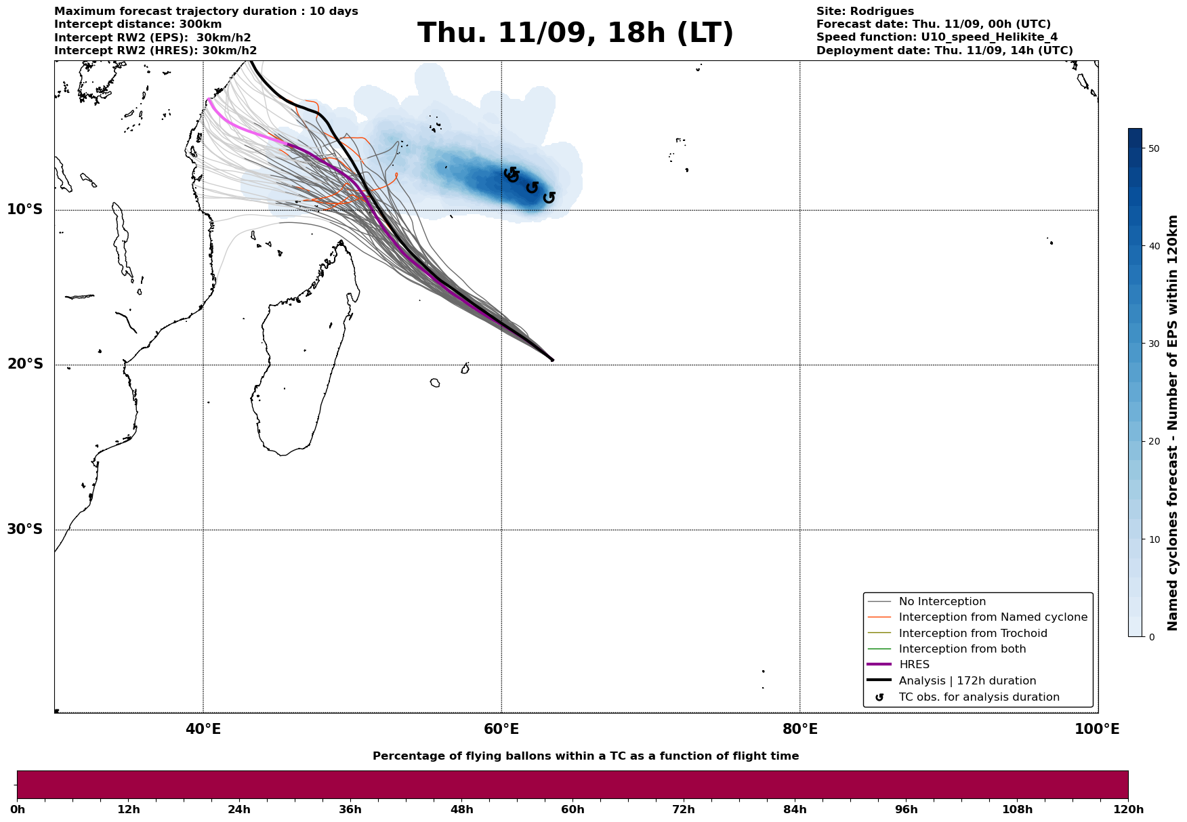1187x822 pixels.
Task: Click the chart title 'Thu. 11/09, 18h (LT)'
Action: tap(575, 33)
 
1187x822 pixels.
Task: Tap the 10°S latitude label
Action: tap(25, 209)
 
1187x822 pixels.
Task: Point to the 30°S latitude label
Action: tap(25, 529)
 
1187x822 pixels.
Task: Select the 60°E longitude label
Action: tap(501, 729)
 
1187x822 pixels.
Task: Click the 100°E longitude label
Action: tap(1097, 729)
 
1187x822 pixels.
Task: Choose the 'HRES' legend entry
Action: tap(914, 665)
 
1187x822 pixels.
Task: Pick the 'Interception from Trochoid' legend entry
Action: tap(972, 634)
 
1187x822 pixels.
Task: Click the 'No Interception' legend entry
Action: tap(942, 602)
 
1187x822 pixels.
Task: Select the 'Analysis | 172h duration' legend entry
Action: tap(967, 681)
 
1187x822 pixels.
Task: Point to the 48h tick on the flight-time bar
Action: tap(461, 809)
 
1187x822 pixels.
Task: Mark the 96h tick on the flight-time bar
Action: tap(906, 809)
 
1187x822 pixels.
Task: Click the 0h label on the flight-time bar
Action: tap(18, 809)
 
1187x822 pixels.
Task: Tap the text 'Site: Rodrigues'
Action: tap(865, 12)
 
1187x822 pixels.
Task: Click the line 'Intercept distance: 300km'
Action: tap(138, 24)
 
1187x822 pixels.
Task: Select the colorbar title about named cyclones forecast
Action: tap(1173, 423)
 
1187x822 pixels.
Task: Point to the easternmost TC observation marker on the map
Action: tap(549, 197)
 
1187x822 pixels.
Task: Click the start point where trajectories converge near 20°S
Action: tap(551, 360)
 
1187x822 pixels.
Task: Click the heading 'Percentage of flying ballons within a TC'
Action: tap(585, 756)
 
